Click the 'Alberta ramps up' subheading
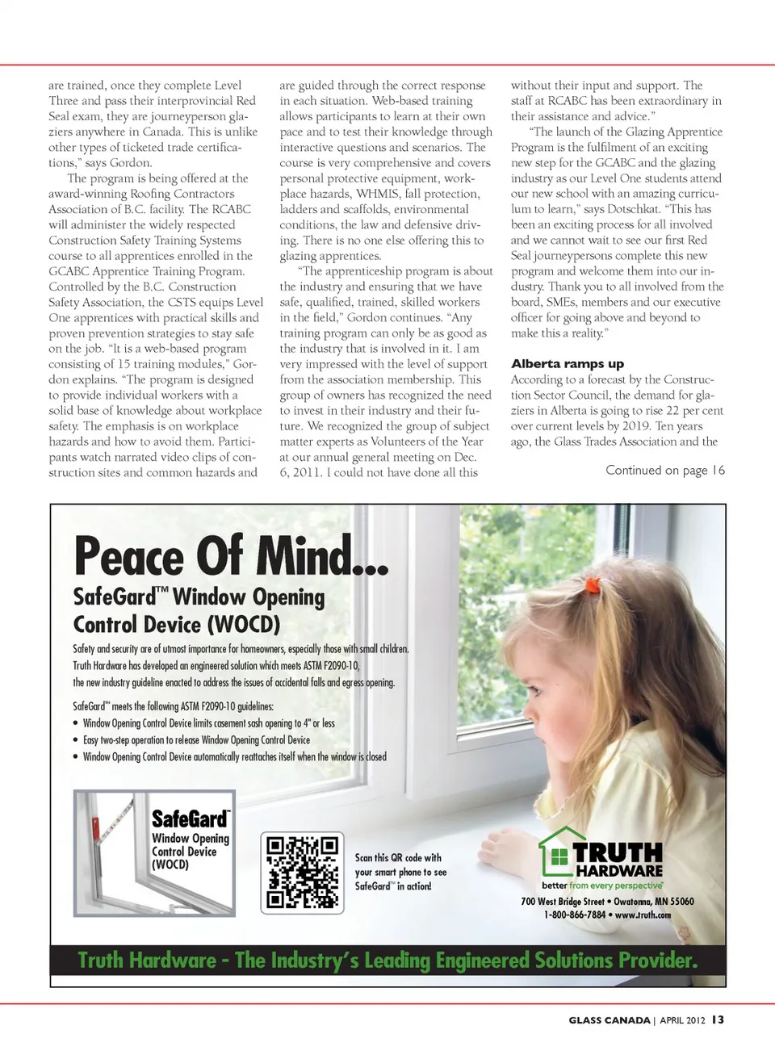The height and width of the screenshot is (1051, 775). (x=567, y=364)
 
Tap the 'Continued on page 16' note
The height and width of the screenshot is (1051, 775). (x=665, y=471)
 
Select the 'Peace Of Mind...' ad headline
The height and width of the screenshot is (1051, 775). (x=231, y=556)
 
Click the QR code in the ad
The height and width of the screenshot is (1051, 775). (x=302, y=873)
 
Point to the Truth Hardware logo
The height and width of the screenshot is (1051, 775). (x=601, y=856)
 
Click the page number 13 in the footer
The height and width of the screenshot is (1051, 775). (x=718, y=1020)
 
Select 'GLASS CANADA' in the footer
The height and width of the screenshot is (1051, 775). (x=609, y=1020)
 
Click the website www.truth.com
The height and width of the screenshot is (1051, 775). (x=643, y=915)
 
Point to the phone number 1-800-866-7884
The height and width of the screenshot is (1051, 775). (x=574, y=915)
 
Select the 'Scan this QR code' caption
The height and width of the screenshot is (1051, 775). (x=400, y=872)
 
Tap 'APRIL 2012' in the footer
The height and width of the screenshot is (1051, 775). (x=682, y=1020)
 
